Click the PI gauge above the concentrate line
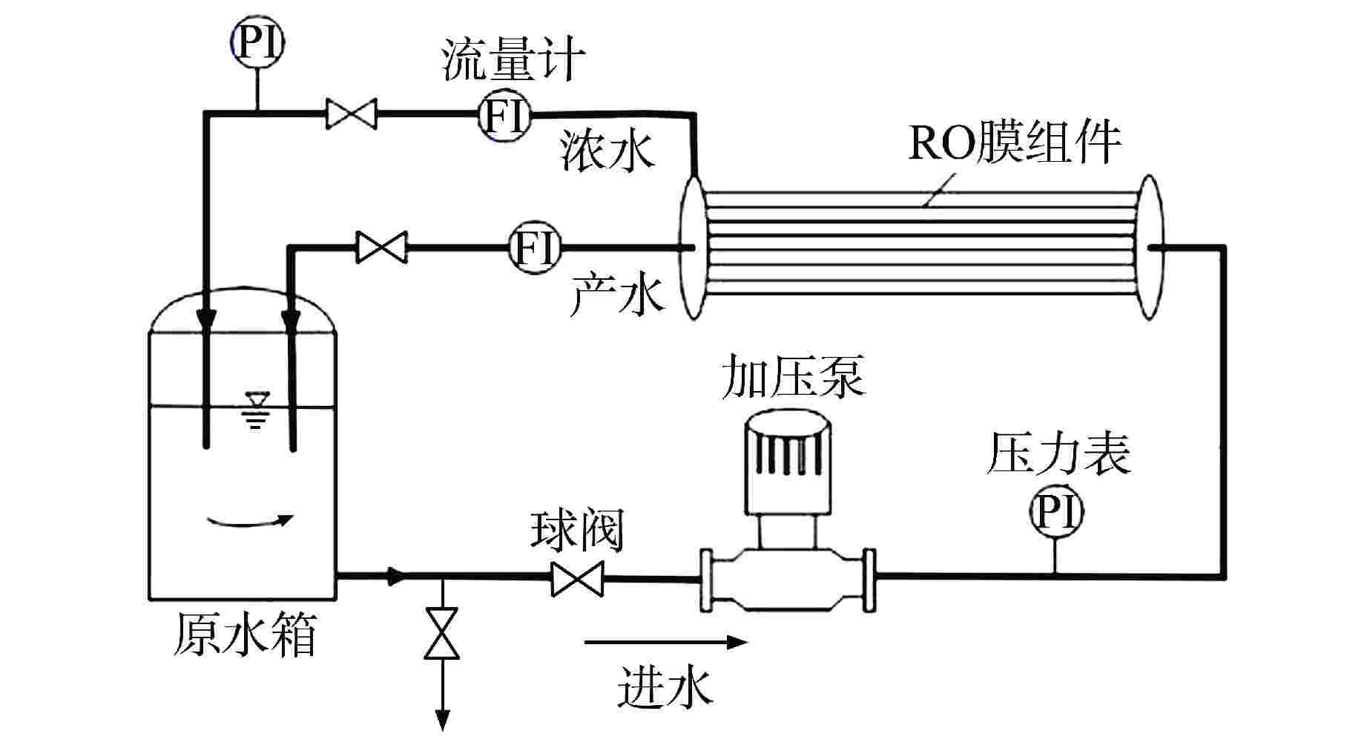(x=257, y=43)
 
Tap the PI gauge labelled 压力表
(x=1055, y=512)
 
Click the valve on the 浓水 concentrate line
(x=352, y=114)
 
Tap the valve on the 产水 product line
(x=381, y=246)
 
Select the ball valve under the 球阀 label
(x=577, y=579)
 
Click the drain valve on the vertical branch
(x=442, y=633)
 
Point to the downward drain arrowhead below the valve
(x=443, y=719)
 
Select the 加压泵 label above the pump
(x=794, y=377)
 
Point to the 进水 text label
(x=665, y=686)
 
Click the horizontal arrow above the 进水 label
(x=665, y=642)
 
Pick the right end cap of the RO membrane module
(x=1149, y=247)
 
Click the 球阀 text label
(x=577, y=530)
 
